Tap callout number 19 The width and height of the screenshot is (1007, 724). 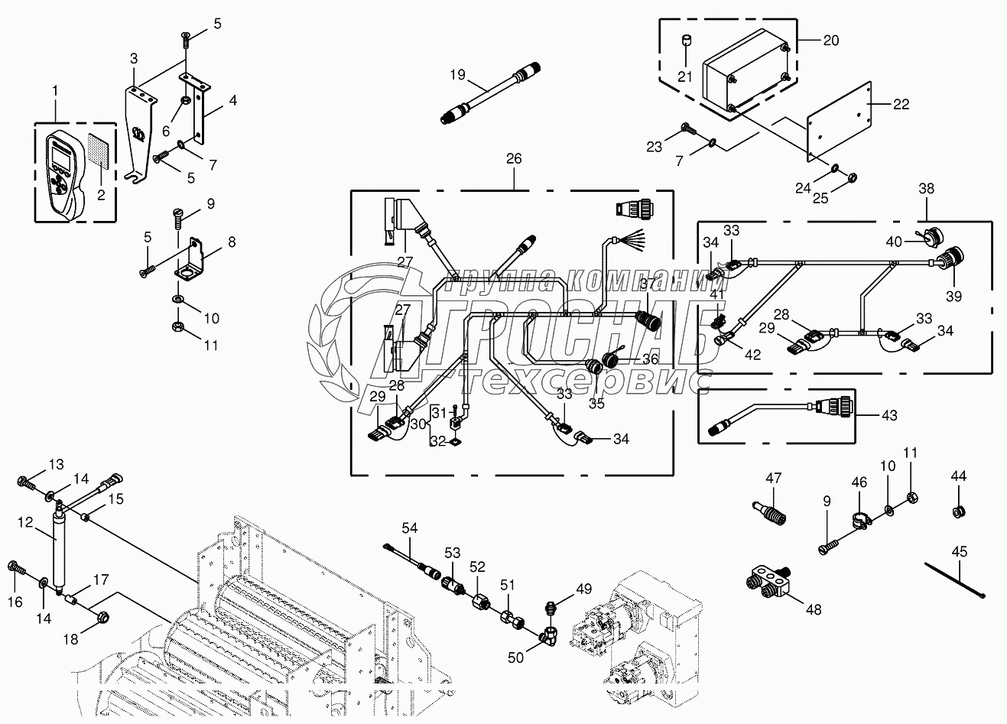[x=457, y=75]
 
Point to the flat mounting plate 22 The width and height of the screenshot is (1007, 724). [x=840, y=122]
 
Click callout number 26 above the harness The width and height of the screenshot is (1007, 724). [x=513, y=158]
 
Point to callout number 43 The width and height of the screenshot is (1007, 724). [x=888, y=415]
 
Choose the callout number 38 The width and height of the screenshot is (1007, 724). [x=926, y=189]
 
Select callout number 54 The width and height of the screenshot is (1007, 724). [x=411, y=528]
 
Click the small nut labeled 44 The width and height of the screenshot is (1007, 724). [x=958, y=511]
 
